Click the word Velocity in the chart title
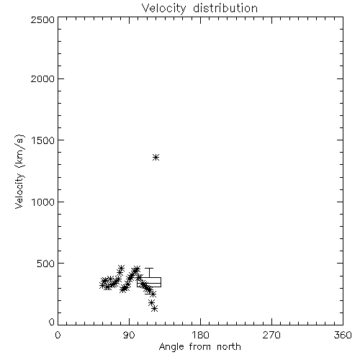click(163, 9)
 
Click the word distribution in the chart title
click(225, 8)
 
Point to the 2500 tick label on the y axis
click(42, 19)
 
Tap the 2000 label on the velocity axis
click(42, 78)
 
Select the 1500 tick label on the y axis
click(43, 140)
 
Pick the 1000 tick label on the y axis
click(43, 202)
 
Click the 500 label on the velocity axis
click(46, 264)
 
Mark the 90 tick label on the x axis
click(129, 335)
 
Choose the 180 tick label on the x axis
click(200, 335)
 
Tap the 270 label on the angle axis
click(271, 335)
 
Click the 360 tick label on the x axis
click(343, 335)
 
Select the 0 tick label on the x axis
click(58, 335)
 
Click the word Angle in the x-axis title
click(171, 347)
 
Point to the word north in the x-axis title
click(229, 346)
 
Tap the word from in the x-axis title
click(200, 346)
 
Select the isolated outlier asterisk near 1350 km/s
click(156, 158)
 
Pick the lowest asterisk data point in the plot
click(155, 309)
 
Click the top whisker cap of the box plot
click(149, 269)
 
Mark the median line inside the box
click(149, 283)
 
